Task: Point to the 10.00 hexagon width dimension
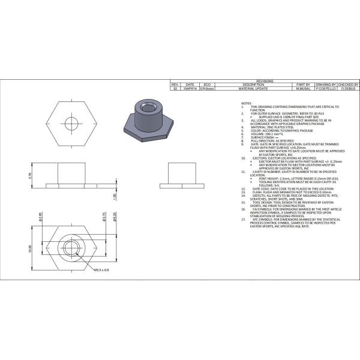point(29,248)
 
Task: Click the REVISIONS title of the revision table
point(265,80)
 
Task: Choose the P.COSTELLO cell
point(326,89)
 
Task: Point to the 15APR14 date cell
point(190,89)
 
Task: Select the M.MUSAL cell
point(304,89)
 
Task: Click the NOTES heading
point(247,103)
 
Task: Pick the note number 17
point(243,220)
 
